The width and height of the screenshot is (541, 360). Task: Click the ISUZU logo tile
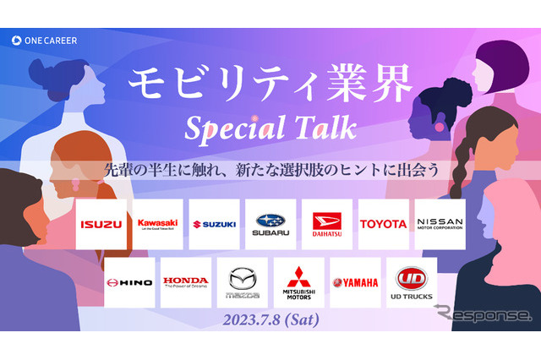(x=101, y=224)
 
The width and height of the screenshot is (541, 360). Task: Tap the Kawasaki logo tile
(x=157, y=224)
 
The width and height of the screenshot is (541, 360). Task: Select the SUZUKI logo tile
(x=214, y=224)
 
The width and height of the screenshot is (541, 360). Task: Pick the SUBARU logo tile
(x=270, y=224)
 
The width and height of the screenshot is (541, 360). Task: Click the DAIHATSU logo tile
(x=327, y=224)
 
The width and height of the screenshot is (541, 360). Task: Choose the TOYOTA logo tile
(x=383, y=224)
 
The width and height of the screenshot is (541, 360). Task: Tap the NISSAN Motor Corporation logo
(x=440, y=224)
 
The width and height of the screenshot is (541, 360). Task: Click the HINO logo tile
(x=129, y=282)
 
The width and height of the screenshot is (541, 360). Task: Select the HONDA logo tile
(x=185, y=282)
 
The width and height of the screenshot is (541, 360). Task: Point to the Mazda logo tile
(x=242, y=282)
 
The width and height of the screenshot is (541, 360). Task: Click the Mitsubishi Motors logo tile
(x=298, y=282)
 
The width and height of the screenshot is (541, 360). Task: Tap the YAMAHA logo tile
(x=355, y=282)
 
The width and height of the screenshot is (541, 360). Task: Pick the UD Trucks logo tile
(x=412, y=282)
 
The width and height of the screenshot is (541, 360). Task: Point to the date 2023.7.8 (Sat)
(x=270, y=321)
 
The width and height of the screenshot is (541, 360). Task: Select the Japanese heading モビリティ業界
(x=270, y=83)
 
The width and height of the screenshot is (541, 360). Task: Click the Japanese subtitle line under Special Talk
(x=270, y=169)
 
